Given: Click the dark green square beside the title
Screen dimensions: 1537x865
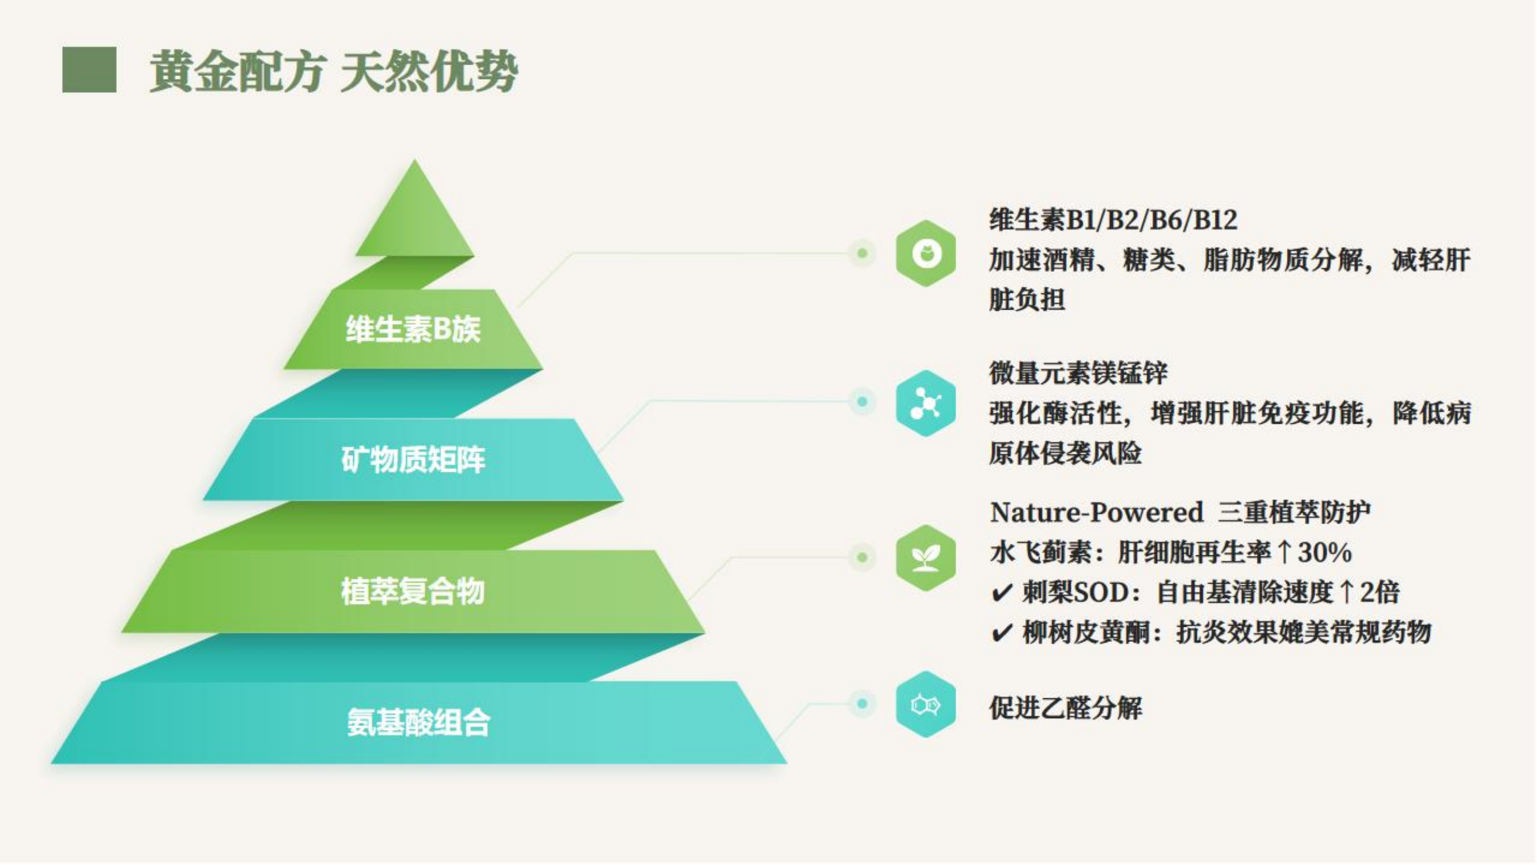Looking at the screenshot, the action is point(89,70).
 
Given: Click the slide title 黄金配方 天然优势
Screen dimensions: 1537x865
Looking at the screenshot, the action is point(334,72).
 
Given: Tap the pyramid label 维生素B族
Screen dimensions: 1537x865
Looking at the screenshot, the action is point(413,329).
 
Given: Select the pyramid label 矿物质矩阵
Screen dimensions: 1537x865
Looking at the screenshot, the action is point(413,460).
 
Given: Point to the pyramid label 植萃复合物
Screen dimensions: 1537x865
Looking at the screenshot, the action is point(413,592).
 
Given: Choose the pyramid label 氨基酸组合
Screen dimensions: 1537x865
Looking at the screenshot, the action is point(418,723).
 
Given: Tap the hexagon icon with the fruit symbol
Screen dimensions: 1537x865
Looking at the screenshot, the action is point(926,254).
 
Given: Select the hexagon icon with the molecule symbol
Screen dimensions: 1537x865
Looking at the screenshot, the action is point(926,404).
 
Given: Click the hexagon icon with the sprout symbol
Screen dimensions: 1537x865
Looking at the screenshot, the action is point(926,558).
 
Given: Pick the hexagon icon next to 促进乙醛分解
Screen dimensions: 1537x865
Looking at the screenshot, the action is point(926,705).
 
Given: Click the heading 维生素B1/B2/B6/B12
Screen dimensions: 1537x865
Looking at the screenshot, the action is point(1113,220).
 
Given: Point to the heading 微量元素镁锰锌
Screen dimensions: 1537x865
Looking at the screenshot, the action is point(1078,373).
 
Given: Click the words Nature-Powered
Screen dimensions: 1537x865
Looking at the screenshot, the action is point(1096,512).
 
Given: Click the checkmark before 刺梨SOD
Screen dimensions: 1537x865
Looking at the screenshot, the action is point(1002,593).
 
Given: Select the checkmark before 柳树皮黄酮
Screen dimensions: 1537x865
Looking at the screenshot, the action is point(1002,632).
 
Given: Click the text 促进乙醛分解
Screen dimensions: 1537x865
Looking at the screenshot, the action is point(1066,708).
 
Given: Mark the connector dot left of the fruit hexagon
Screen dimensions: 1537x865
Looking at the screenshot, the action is point(862,253).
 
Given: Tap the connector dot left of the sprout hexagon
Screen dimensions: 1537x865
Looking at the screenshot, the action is point(862,558).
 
